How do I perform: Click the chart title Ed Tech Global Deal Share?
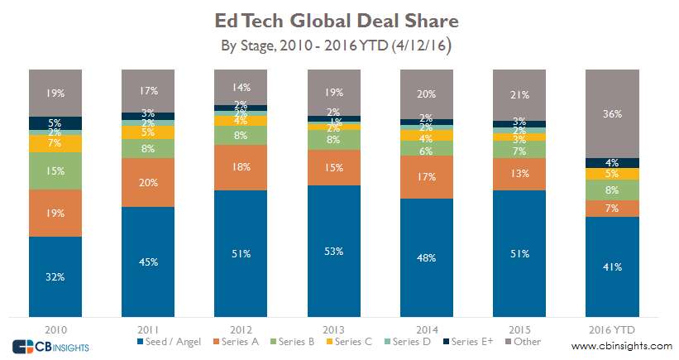(x=339, y=19)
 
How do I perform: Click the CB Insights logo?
(x=50, y=345)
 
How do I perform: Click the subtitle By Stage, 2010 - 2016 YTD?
(x=339, y=45)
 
